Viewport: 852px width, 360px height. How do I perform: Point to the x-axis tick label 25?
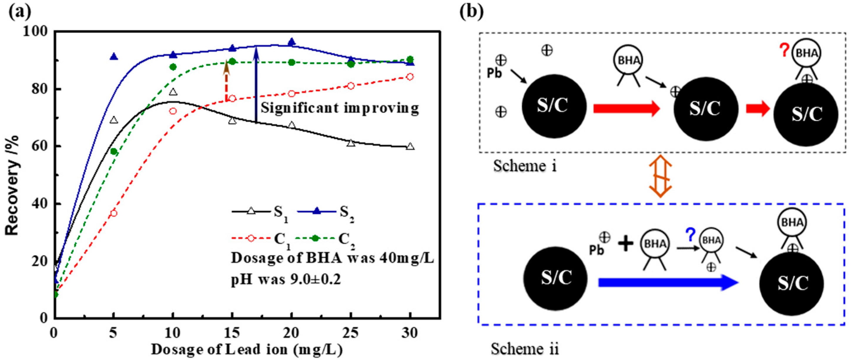click(351, 333)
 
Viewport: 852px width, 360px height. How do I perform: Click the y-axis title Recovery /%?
click(12, 185)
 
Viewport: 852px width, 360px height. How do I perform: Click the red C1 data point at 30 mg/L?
click(410, 77)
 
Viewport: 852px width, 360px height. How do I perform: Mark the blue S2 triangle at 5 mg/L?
click(114, 57)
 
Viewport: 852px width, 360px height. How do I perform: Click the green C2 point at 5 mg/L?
click(114, 152)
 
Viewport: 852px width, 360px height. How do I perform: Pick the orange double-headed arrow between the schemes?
click(660, 176)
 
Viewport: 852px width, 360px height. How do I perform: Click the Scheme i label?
click(525, 166)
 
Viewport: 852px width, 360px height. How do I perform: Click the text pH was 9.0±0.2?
click(286, 280)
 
